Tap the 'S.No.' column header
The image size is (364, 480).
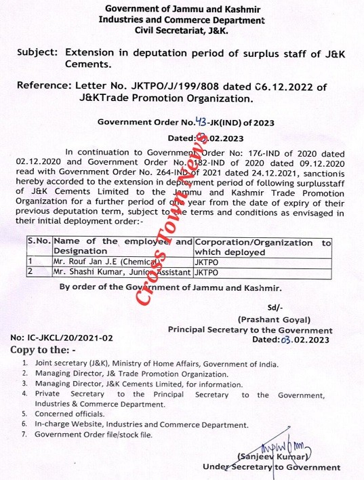pos(39,242)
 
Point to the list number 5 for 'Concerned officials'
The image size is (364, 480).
pos(24,414)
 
